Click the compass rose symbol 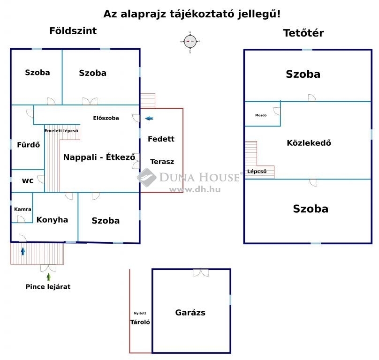(190, 42)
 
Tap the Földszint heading (73, 30)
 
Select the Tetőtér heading (303, 33)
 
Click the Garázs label (190, 313)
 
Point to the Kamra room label (23, 209)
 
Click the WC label (28, 181)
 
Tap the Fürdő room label (28, 145)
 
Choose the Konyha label (52, 220)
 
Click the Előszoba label (106, 118)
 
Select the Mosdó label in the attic (261, 115)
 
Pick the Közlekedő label (309, 143)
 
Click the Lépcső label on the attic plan (257, 171)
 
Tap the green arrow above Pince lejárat (49, 277)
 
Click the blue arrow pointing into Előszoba (149, 119)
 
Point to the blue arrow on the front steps (23, 252)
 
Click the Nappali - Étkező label (99, 157)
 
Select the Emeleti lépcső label (61, 131)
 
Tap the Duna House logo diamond (146, 178)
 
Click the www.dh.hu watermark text (195, 189)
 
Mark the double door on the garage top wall (201, 273)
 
